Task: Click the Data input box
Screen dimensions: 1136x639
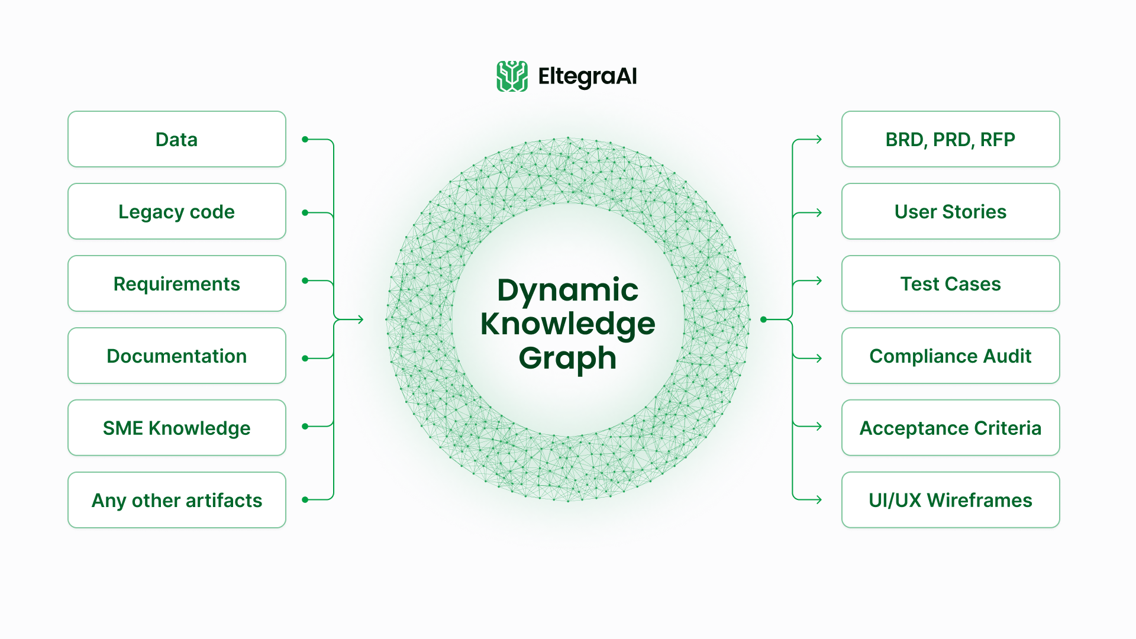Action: click(x=177, y=140)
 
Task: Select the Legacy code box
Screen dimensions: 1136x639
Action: click(x=177, y=212)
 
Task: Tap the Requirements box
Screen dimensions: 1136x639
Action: click(x=177, y=284)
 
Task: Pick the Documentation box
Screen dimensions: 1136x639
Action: click(x=177, y=356)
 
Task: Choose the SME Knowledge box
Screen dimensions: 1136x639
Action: click(x=177, y=428)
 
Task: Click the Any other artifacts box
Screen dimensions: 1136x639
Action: click(x=177, y=501)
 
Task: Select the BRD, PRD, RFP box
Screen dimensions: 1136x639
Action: click(x=950, y=140)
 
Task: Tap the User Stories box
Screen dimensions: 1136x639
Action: click(x=950, y=212)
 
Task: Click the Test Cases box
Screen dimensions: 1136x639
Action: click(x=950, y=284)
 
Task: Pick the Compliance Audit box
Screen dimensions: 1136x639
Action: click(x=950, y=356)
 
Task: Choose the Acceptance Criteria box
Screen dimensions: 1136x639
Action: click(x=950, y=428)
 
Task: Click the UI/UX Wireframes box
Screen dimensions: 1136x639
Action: click(x=950, y=501)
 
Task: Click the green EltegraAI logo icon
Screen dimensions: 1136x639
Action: click(x=512, y=76)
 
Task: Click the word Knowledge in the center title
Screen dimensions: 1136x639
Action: click(x=567, y=324)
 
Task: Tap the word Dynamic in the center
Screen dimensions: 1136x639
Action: click(x=567, y=290)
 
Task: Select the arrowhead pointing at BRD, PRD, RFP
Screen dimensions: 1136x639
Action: click(x=819, y=140)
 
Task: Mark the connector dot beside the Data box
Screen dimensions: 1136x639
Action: click(x=305, y=140)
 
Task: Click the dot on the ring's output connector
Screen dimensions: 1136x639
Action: click(x=764, y=319)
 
